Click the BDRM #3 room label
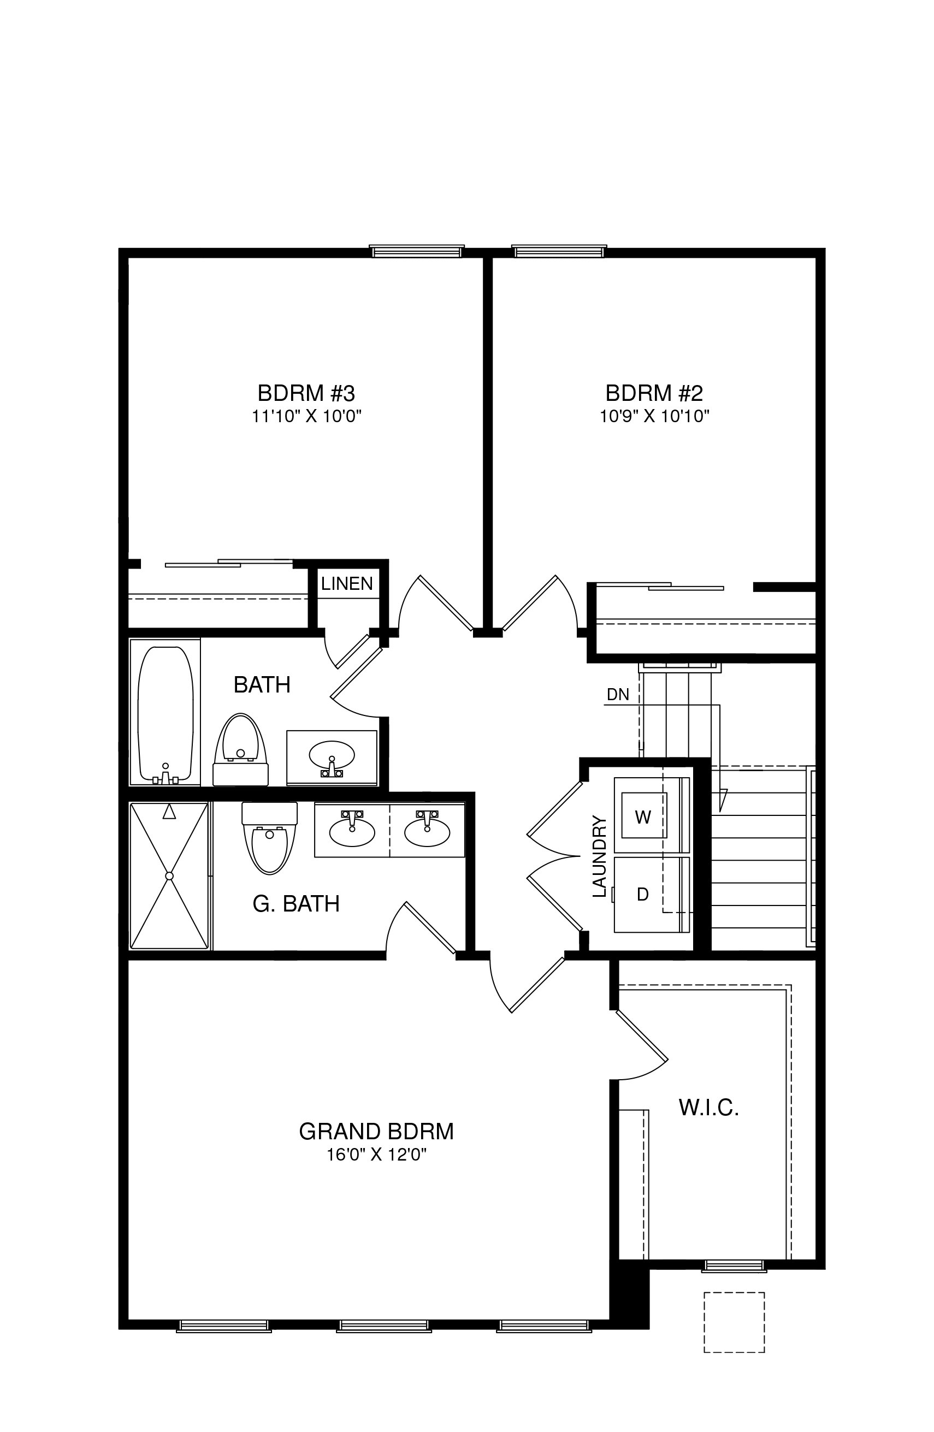tap(306, 393)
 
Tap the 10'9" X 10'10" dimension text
tap(654, 416)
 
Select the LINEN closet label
tap(347, 583)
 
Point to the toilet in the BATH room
tap(241, 750)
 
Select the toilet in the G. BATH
tap(270, 838)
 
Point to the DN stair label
tap(617, 694)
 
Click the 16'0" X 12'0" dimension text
tap(377, 1155)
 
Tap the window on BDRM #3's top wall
tap(416, 252)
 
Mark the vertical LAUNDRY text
tap(599, 856)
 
